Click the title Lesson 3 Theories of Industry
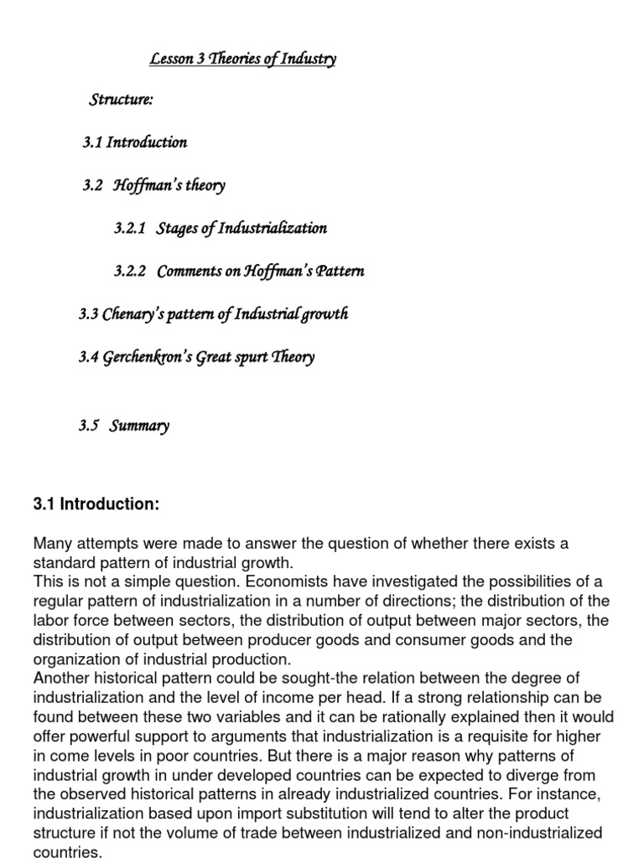243,59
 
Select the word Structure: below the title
122,101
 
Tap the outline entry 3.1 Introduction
135,142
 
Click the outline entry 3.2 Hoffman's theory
154,185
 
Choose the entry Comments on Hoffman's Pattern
261,271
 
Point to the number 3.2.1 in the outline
130,228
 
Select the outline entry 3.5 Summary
124,426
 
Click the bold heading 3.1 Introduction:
96,504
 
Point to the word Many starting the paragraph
52,544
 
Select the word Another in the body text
60,679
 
